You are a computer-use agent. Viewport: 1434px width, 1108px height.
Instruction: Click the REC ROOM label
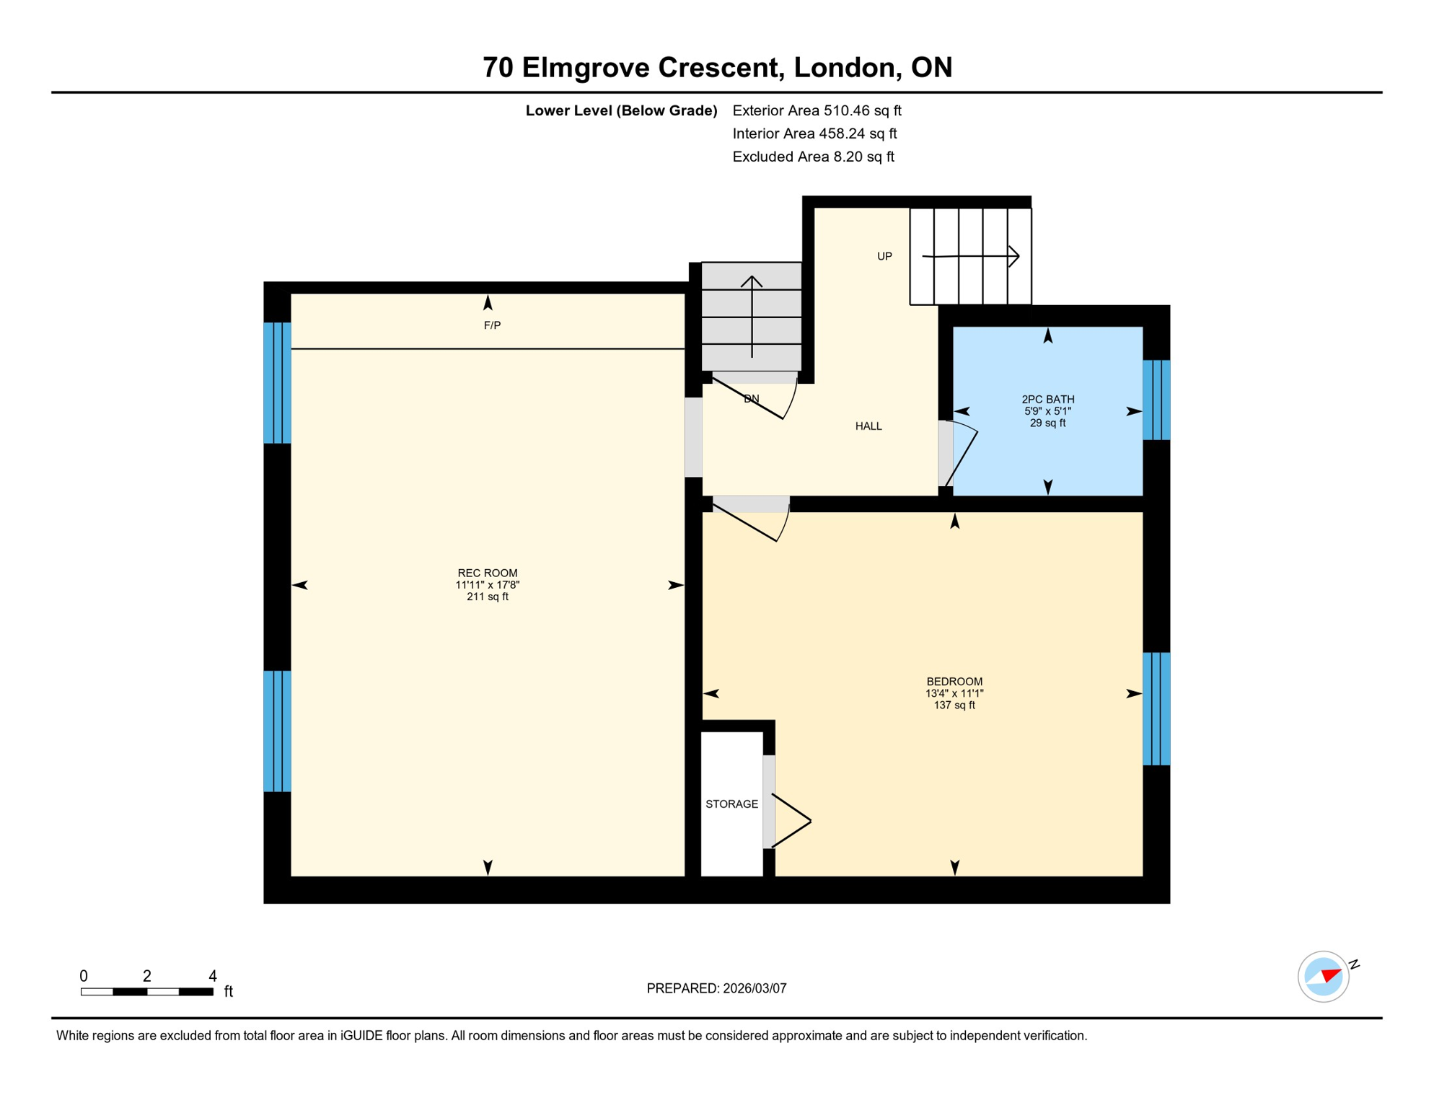click(x=488, y=573)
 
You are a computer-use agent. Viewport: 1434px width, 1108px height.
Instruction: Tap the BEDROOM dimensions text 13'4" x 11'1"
click(x=954, y=693)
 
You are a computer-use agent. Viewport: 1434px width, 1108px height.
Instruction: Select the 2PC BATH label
click(x=1047, y=399)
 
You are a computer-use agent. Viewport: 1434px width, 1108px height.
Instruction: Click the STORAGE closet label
click(x=731, y=804)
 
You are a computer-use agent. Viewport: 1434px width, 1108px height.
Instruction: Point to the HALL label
click(x=868, y=426)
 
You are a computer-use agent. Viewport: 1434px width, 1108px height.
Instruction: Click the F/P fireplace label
click(x=492, y=325)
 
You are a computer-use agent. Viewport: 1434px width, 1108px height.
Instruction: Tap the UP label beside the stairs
click(x=884, y=256)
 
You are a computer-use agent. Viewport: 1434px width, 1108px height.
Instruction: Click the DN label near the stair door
click(x=751, y=399)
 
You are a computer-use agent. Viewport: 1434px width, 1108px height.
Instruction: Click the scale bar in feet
click(x=147, y=992)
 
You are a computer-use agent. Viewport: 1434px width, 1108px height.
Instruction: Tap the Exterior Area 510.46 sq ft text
click(x=817, y=110)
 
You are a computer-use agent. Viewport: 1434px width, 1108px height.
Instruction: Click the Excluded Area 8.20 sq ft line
click(x=813, y=157)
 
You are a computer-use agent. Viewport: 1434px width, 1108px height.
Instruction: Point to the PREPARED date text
click(x=716, y=988)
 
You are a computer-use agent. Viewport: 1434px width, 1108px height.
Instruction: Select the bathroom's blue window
click(x=1156, y=400)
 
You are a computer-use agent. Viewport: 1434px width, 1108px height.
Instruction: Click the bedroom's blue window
click(x=1156, y=708)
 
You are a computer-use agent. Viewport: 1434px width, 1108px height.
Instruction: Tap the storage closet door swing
click(x=792, y=821)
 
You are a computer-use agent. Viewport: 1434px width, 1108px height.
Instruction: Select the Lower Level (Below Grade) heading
click(x=621, y=110)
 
